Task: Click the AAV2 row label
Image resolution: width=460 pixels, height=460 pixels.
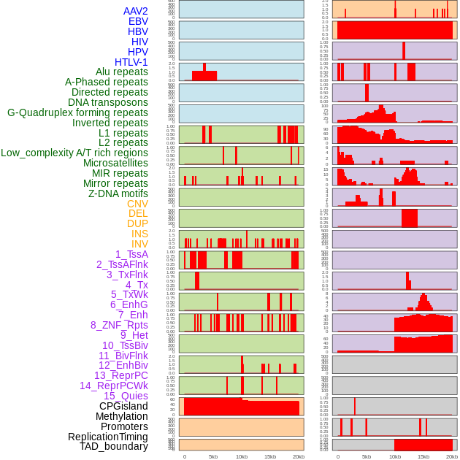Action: click(x=136, y=11)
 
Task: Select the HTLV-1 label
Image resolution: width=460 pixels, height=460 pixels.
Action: click(x=131, y=62)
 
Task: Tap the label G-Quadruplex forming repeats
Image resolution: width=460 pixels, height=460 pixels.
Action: click(x=77, y=112)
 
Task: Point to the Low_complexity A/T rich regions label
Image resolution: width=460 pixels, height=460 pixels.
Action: click(x=74, y=153)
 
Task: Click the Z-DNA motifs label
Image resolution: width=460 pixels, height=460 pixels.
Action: click(x=118, y=193)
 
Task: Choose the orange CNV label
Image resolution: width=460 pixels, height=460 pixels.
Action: click(x=137, y=204)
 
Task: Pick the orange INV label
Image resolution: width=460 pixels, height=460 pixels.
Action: click(x=139, y=244)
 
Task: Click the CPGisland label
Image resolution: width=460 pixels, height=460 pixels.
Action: click(x=123, y=406)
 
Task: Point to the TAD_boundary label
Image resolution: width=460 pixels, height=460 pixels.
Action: click(x=114, y=446)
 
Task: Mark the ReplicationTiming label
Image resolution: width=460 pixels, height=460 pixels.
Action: click(x=108, y=437)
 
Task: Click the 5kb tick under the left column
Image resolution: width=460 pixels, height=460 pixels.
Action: click(x=212, y=456)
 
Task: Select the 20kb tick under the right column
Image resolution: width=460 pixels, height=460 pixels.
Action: click(x=452, y=456)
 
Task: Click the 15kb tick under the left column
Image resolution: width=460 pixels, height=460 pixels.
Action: click(x=269, y=456)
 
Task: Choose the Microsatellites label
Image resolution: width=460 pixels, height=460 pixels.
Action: click(x=115, y=163)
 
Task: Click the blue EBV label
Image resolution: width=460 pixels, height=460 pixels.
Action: click(x=138, y=21)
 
